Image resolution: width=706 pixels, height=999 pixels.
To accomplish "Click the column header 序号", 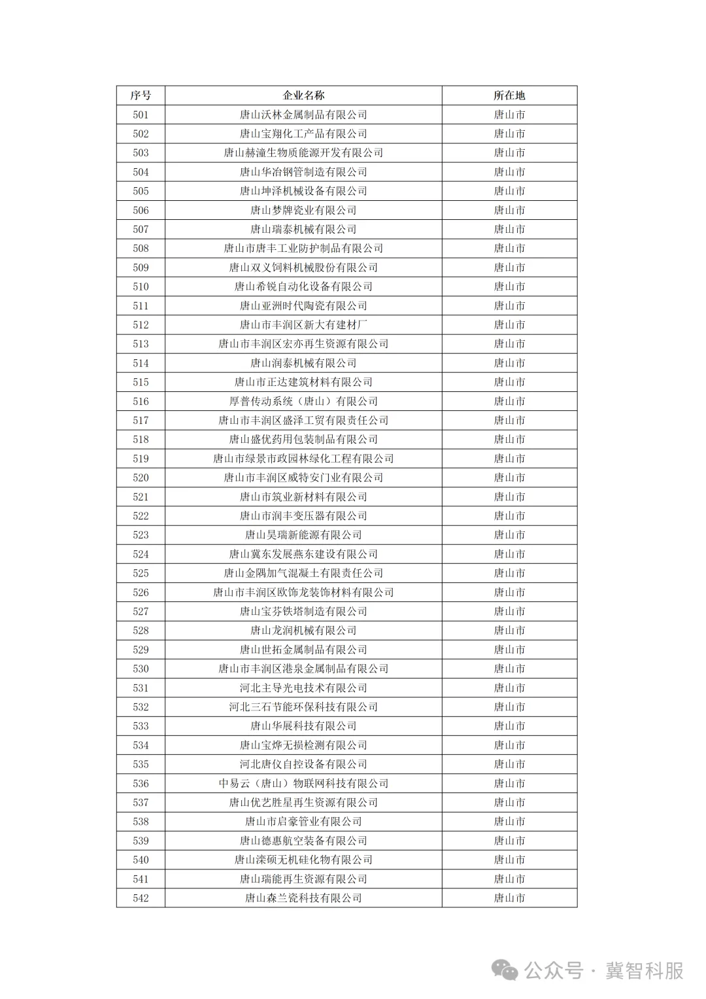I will (141, 96).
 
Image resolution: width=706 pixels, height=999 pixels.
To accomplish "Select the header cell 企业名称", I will (303, 96).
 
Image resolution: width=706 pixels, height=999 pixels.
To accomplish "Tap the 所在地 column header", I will (509, 96).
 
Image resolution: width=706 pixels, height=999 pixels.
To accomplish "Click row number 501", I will (141, 114).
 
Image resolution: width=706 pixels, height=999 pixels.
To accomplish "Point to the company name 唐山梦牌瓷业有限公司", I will (303, 210).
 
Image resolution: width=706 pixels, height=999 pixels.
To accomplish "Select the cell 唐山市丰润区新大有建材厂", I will (303, 324).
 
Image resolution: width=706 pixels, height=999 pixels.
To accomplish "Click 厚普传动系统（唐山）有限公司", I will (303, 401).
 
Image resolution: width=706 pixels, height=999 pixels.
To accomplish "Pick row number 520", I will (141, 478).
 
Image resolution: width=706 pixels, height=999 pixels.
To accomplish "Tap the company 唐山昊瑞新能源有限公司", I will (303, 535).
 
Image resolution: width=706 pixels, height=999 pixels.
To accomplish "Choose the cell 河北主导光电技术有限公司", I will (303, 688).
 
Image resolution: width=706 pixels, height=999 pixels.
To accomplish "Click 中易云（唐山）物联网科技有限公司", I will (303, 783).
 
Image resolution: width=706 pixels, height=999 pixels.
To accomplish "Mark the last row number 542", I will (141, 898).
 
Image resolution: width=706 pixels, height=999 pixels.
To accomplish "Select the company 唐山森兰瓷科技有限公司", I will (303, 898).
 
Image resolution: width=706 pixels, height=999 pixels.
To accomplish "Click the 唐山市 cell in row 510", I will (509, 287).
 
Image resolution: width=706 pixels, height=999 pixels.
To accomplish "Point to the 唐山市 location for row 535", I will (509, 764).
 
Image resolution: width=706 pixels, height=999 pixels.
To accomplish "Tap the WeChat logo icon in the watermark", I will (505, 970).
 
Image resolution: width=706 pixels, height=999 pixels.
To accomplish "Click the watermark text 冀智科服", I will (644, 970).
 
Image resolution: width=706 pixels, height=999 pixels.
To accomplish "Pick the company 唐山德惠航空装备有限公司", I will (303, 841).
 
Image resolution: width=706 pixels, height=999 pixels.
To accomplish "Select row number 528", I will (141, 631).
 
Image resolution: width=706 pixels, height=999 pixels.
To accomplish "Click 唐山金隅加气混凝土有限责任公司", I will (303, 573).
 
